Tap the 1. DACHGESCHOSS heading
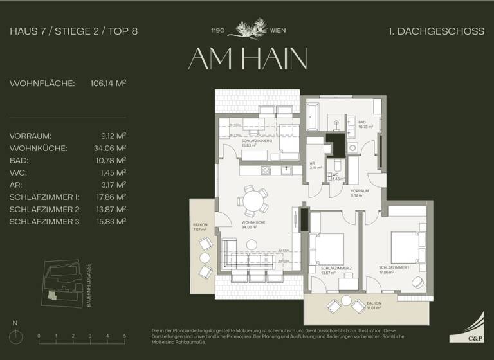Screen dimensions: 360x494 tap(437, 31)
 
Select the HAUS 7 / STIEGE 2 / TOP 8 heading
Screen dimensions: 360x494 tap(74, 31)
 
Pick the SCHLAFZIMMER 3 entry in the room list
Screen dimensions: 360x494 tap(44, 221)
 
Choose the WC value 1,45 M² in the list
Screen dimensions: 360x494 tap(113, 172)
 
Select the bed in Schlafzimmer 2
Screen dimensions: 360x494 tap(327, 247)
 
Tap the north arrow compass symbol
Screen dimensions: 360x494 tap(16, 334)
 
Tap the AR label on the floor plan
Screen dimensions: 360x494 tap(312, 163)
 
